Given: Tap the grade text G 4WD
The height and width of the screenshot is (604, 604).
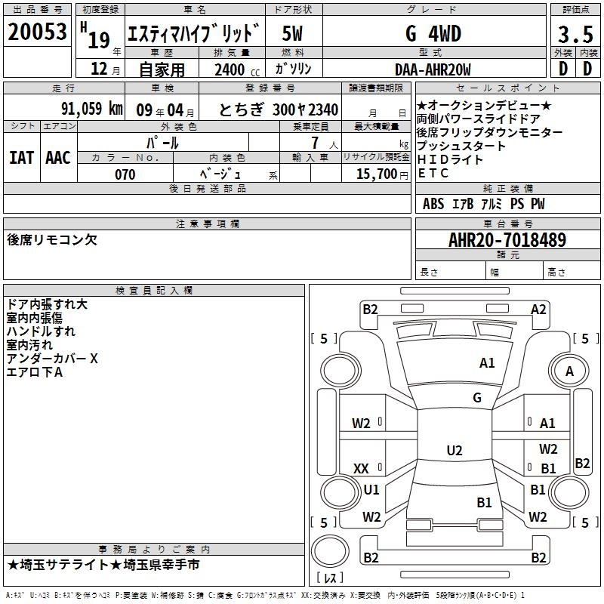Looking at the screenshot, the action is (x=433, y=34).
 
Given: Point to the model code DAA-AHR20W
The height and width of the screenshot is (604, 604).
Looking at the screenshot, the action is (x=433, y=70).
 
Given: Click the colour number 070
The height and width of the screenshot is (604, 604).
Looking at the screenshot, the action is (x=125, y=174).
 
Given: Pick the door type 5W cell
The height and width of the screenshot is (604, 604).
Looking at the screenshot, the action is (x=293, y=34).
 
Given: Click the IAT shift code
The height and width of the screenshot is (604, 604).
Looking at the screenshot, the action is (x=22, y=157).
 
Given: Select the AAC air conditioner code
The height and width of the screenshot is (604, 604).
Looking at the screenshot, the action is (x=58, y=157).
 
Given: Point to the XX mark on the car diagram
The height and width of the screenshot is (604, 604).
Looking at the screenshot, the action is (x=361, y=469).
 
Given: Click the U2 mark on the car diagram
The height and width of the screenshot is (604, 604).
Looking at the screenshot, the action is (x=454, y=451).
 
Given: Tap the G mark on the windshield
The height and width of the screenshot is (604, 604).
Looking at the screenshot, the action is (x=477, y=398).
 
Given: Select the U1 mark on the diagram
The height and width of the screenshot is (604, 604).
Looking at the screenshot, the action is (x=371, y=489).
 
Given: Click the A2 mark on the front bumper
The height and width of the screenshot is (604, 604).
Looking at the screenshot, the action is (x=538, y=309).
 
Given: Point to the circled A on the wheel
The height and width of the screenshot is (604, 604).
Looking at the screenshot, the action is (x=569, y=371).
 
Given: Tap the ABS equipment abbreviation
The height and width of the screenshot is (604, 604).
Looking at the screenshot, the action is (x=433, y=204).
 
